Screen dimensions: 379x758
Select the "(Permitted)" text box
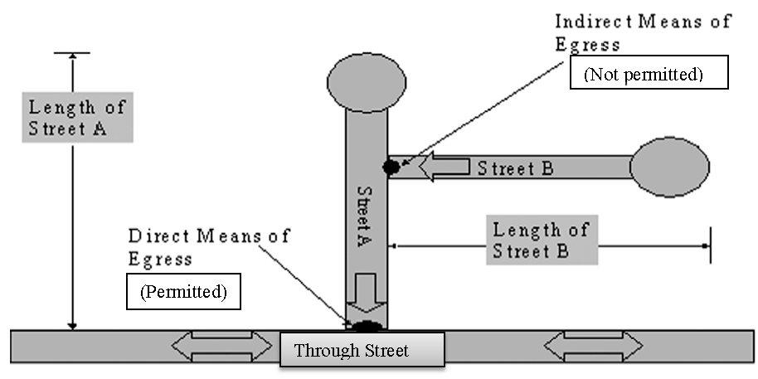(x=183, y=292)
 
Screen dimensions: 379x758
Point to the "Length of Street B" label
(x=540, y=241)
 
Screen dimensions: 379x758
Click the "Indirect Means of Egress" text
(x=642, y=32)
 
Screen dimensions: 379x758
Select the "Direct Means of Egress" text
(x=208, y=246)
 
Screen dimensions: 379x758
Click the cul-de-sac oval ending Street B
(x=668, y=167)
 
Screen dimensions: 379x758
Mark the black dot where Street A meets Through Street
(x=367, y=324)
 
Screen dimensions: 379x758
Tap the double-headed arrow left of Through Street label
(x=221, y=345)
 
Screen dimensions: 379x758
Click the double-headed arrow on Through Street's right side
(x=592, y=345)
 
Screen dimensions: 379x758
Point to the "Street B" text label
(x=513, y=168)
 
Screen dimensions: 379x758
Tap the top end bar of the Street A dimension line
(x=72, y=53)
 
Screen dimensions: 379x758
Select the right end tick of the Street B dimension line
(x=709, y=245)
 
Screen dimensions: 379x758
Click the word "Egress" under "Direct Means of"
(x=161, y=258)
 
